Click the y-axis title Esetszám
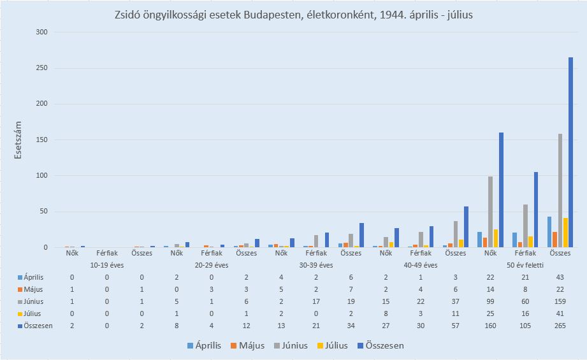[x=19, y=140]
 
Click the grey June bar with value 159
[x=560, y=191]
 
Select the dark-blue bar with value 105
[x=536, y=210]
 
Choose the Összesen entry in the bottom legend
[x=379, y=345]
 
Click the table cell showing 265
[x=560, y=326]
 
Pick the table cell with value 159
[x=560, y=301]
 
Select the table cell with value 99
[x=490, y=301]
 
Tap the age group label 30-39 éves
[x=316, y=264]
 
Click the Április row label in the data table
[x=34, y=277]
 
